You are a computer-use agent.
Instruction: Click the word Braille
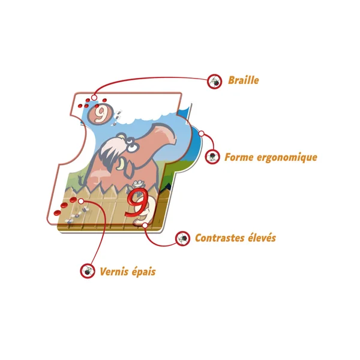[243, 80]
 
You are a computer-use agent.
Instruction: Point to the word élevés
[262, 238]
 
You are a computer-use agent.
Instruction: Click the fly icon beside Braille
[214, 81]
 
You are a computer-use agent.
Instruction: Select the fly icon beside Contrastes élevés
[182, 239]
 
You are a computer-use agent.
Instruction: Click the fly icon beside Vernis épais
[88, 271]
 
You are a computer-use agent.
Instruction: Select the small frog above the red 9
[137, 183]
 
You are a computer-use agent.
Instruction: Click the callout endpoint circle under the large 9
[146, 225]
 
